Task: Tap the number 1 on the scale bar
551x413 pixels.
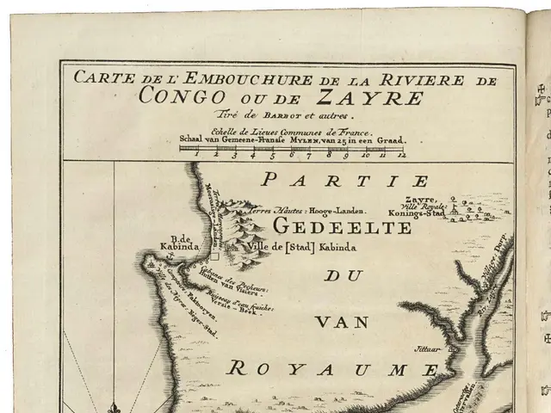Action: [x=197, y=156]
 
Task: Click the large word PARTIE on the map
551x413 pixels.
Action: [x=345, y=182]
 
